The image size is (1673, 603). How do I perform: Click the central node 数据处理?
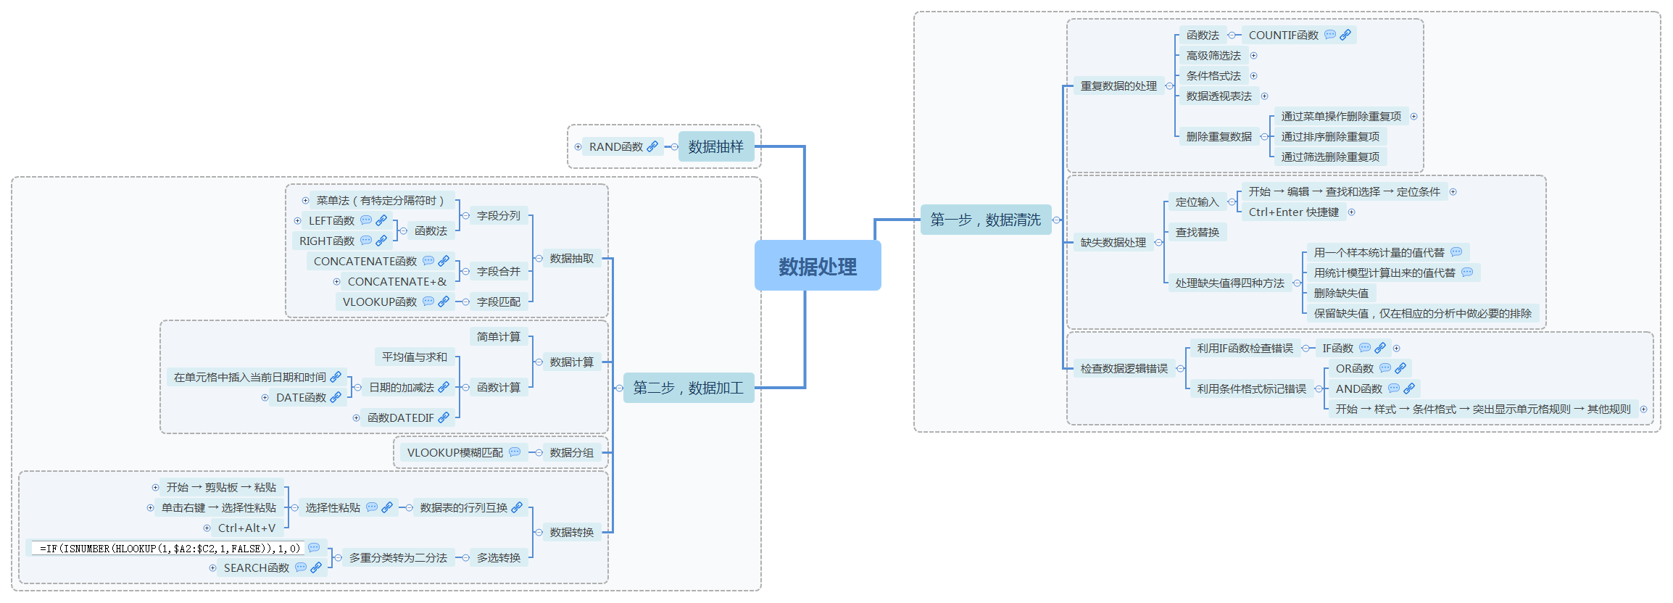[818, 267]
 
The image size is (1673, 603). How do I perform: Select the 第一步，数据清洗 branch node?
[985, 220]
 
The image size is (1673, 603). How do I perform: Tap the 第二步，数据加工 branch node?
[688, 388]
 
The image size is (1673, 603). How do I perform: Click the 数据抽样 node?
[715, 146]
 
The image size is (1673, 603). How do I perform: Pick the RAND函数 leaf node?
[616, 146]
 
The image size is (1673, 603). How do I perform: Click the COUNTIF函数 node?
[1283, 35]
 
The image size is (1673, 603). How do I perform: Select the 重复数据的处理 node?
[1118, 86]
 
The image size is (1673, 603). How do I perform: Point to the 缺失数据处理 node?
[1113, 242]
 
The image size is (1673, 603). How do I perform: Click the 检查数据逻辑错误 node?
[1124, 368]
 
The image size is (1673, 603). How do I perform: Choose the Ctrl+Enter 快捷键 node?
[1293, 212]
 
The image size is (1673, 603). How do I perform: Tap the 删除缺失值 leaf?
[1341, 293]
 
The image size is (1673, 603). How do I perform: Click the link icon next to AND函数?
[1409, 388]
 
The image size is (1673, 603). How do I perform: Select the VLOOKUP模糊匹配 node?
[454, 452]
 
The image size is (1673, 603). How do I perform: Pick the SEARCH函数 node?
[256, 567]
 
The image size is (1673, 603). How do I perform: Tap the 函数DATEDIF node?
[400, 417]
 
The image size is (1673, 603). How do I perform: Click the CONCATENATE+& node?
[397, 281]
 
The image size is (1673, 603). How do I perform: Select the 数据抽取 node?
[571, 258]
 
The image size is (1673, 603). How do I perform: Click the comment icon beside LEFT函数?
[366, 220]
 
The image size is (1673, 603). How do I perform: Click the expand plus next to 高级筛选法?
[1253, 55]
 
